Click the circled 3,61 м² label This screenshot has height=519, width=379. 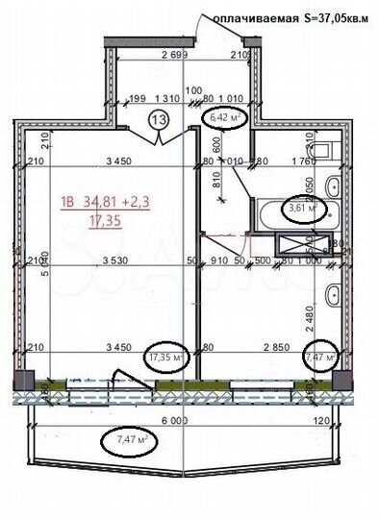[302, 207]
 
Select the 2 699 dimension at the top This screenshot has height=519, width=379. [173, 54]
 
